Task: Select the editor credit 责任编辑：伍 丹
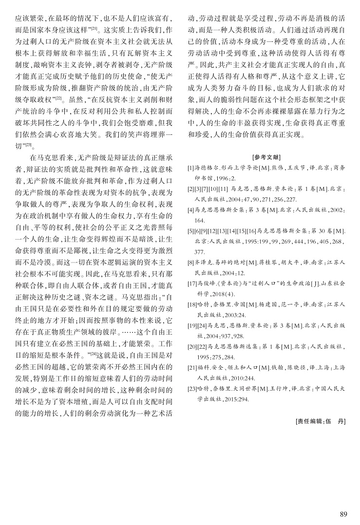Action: pyautogui.click(x=321, y=421)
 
